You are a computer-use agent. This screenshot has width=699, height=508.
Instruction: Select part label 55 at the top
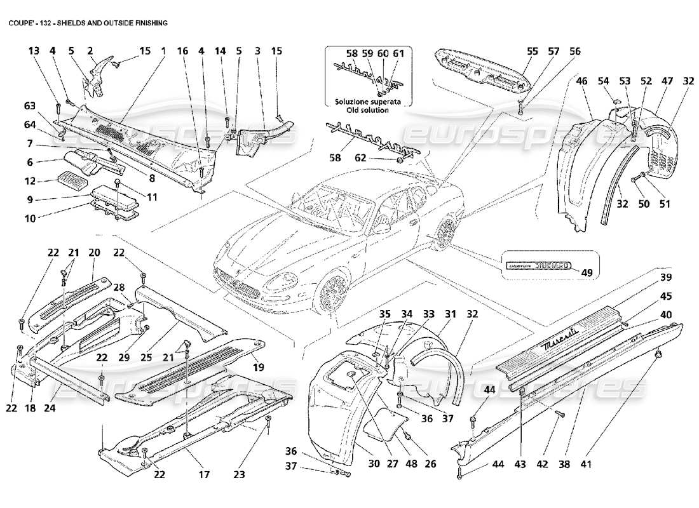pyautogui.click(x=533, y=50)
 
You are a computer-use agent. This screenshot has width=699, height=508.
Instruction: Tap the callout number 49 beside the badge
pyautogui.click(x=587, y=273)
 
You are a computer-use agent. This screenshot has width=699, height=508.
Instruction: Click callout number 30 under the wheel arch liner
pyautogui.click(x=374, y=464)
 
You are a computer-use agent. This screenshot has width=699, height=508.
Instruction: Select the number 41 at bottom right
pyautogui.click(x=585, y=464)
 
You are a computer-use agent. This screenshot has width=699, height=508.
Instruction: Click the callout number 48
pyautogui.click(x=412, y=464)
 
